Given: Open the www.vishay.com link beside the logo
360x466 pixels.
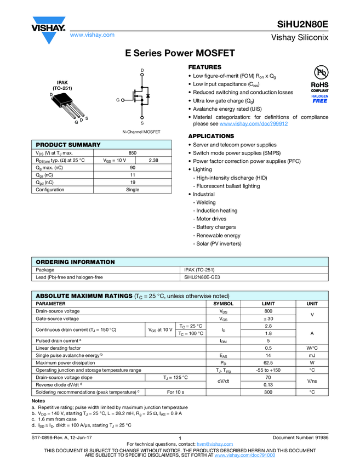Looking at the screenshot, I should (92, 35).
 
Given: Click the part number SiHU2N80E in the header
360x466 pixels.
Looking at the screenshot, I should (302, 25).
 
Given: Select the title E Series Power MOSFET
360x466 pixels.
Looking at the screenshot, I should (180, 53).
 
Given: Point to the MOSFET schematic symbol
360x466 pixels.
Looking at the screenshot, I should (139, 99).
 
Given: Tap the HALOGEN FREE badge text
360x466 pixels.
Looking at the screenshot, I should (320, 98).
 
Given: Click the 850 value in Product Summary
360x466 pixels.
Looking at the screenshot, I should (133, 153).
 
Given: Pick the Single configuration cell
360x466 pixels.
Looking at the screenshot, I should (133, 190).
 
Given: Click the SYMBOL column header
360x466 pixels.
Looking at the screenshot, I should (223, 303).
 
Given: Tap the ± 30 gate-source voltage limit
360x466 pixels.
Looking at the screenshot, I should (268, 319).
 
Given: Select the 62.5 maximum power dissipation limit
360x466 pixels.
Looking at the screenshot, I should (268, 362).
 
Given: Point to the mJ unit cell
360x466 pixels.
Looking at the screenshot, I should (311, 355).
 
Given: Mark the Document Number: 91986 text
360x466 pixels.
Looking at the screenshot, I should (300, 437).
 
